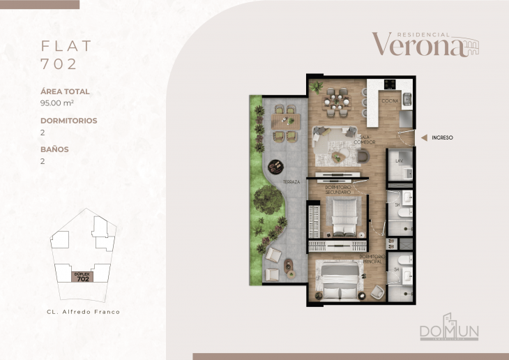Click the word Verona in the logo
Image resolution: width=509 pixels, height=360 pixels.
point(416,45)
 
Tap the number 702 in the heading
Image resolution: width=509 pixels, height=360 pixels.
point(59,64)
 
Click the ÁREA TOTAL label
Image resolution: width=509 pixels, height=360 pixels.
point(66,91)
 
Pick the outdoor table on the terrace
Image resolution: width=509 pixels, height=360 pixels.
point(286,121)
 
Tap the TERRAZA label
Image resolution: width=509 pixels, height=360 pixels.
point(291,182)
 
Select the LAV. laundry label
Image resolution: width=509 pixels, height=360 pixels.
point(400,161)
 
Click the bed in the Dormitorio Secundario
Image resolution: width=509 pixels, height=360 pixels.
point(342,216)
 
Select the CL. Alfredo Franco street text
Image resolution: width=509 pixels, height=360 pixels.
point(82,312)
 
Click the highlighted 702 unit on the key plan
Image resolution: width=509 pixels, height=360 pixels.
point(82,276)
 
